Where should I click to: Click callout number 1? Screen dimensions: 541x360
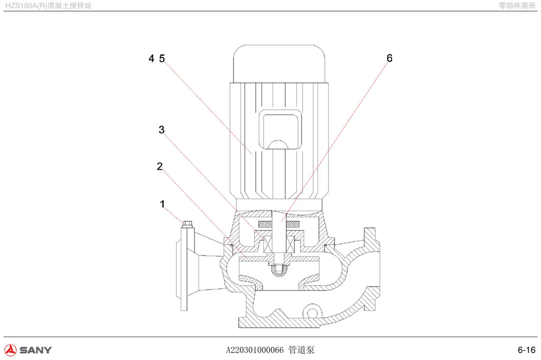tap(163, 204)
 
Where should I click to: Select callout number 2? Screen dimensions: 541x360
tap(160, 166)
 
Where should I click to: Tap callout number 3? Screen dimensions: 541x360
tap(162, 130)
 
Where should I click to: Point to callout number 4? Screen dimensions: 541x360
tap(151, 58)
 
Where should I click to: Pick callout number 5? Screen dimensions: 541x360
tap(162, 58)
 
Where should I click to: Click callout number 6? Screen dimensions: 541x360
tap(389, 58)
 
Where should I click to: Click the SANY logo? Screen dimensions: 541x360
tap(28, 349)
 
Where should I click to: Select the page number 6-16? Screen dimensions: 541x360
tap(527, 349)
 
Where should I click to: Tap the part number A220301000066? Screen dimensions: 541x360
tap(255, 350)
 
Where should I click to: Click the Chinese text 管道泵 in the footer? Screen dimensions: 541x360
tap(302, 349)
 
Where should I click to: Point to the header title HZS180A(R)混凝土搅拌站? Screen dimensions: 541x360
tap(48, 5)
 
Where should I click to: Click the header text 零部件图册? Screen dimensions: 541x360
tap(517, 5)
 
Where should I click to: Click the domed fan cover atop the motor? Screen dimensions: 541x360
tap(279, 64)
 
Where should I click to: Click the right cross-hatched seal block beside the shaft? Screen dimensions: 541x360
tap(293, 224)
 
